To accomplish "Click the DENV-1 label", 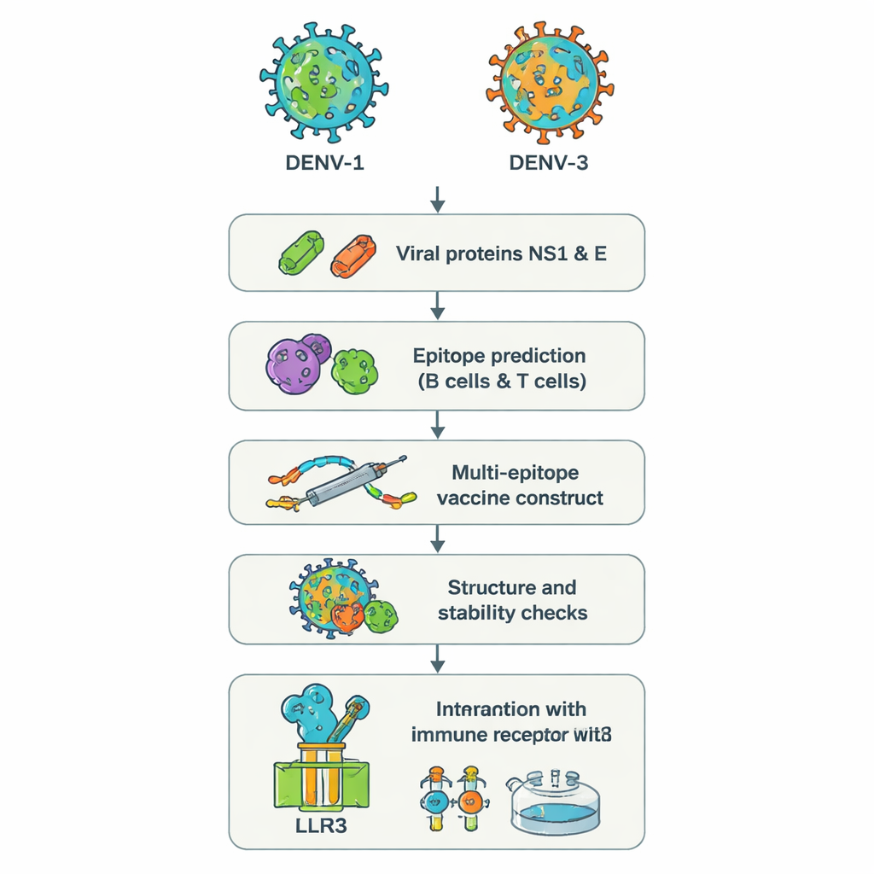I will pyautogui.click(x=323, y=162).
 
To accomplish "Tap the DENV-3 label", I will pyautogui.click(x=548, y=162).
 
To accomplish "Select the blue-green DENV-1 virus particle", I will pyautogui.click(x=323, y=80).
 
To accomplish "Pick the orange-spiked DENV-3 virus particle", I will pyautogui.click(x=549, y=80).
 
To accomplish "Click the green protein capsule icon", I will pyautogui.click(x=302, y=253).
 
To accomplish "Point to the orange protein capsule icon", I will pyautogui.click(x=353, y=254).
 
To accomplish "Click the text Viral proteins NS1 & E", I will pyautogui.click(x=501, y=253).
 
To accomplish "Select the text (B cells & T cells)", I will pyautogui.click(x=501, y=381).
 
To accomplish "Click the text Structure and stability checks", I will pyautogui.click(x=511, y=599).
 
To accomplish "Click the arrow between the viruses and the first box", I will pyautogui.click(x=437, y=199).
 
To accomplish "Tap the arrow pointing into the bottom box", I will pyautogui.click(x=437, y=657).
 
